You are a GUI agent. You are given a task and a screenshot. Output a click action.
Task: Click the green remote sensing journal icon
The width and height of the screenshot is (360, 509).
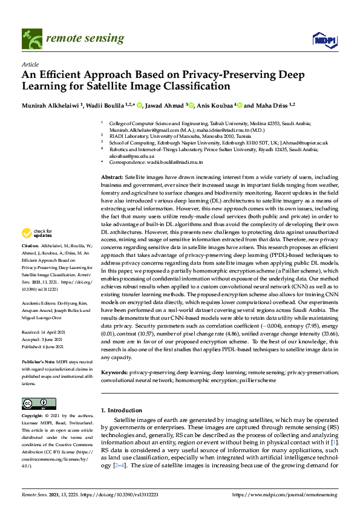[x=31, y=39]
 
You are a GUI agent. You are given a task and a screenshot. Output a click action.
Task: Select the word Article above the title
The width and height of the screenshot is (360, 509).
[x=30, y=63]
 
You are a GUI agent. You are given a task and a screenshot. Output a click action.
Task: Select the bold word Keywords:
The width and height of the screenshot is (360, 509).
[x=114, y=373]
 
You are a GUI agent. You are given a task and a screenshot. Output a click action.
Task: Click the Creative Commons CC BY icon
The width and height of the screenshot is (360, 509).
[x=38, y=403]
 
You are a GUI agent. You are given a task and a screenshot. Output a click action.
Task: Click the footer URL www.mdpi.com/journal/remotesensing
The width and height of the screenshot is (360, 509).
[x=292, y=494]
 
